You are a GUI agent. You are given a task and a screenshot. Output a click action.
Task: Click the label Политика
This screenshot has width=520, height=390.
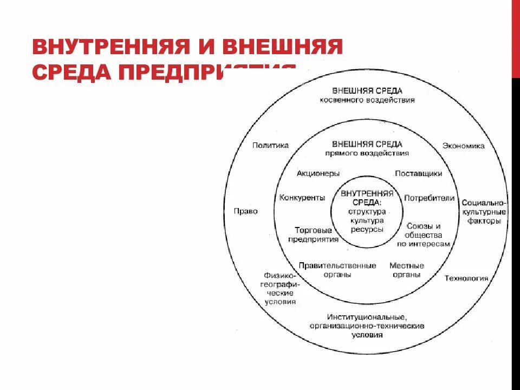[x=270, y=145]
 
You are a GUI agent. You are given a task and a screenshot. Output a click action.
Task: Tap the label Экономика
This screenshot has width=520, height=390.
[x=463, y=146]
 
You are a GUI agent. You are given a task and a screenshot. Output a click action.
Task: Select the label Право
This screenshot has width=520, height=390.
[x=245, y=211]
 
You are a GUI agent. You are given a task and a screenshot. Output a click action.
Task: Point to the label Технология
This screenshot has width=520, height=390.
[x=466, y=278]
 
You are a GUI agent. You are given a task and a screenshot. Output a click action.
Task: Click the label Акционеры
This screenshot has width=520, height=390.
[x=318, y=173]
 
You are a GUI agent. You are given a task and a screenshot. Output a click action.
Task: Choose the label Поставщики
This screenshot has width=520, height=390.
[x=418, y=173]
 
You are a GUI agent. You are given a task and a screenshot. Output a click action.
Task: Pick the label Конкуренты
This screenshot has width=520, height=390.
[x=302, y=198]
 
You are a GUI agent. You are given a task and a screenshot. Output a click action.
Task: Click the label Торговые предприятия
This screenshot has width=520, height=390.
[x=313, y=235]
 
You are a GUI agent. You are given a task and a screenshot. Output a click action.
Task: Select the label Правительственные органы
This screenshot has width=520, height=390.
[x=337, y=270]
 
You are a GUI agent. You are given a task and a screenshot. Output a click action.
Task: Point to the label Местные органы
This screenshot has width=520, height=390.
[x=406, y=270]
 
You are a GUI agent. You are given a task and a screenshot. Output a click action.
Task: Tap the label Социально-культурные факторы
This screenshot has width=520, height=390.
[x=483, y=212]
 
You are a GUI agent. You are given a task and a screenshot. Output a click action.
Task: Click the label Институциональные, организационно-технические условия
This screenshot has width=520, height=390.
[x=367, y=326]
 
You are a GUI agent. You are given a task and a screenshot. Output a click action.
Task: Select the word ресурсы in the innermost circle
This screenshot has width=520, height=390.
[x=366, y=229]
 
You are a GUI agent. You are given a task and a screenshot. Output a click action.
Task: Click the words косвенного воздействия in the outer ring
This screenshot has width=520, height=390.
[x=367, y=100]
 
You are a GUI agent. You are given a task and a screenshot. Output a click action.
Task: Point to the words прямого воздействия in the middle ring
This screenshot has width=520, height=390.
[x=367, y=153]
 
